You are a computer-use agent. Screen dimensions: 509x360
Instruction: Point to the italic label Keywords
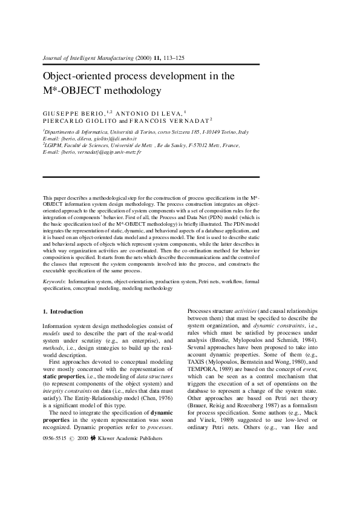tap(54, 282)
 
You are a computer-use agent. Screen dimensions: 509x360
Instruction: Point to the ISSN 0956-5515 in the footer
tap(54, 419)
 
